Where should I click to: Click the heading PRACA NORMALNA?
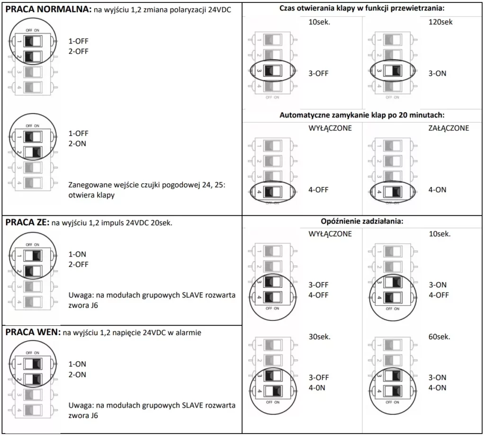point(49,9)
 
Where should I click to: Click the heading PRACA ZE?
point(27,222)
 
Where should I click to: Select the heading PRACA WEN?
point(33,332)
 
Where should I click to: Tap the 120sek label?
point(440,22)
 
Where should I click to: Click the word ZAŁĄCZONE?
point(449,128)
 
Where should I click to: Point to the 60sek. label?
point(439,337)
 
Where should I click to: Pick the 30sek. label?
point(320,337)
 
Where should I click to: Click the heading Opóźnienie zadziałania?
point(362,221)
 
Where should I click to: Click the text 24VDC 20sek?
point(149,222)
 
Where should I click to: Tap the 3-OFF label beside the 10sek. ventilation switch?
point(318,73)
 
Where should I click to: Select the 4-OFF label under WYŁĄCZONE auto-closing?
point(318,189)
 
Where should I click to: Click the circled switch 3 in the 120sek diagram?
point(393,71)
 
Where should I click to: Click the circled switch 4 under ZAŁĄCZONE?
point(393,192)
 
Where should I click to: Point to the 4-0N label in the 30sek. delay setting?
point(317,387)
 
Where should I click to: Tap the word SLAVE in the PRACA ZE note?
point(192,295)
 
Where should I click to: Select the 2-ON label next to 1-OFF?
point(77,143)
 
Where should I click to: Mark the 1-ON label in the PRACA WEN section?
point(77,364)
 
